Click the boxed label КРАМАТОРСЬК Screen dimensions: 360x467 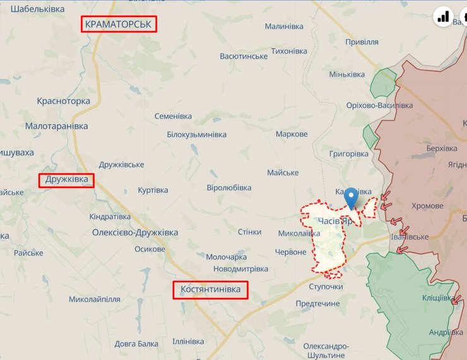click(119, 24)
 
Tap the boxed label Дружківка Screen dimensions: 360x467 click(67, 181)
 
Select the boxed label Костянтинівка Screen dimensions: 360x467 click(210, 289)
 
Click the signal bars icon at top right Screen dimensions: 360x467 click(444, 17)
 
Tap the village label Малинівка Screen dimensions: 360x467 click(284, 26)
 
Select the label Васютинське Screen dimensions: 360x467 click(244, 56)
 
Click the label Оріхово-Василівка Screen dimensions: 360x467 click(379, 105)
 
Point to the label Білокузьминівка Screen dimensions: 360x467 click(196, 134)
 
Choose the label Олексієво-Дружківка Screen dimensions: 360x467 click(135, 233)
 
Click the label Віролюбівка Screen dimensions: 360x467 click(229, 188)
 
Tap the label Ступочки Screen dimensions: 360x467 click(326, 287)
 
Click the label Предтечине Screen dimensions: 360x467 click(317, 303)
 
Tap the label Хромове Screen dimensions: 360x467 click(427, 206)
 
